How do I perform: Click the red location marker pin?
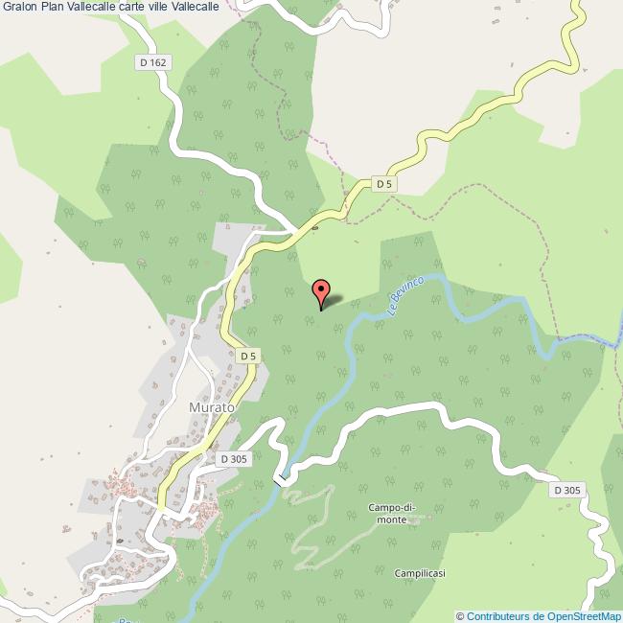point(322,290)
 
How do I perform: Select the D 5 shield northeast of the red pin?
point(384,183)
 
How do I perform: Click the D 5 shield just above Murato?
point(248,356)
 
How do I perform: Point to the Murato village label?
point(211,406)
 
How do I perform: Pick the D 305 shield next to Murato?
point(233,459)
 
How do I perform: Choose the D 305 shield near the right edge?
point(566,490)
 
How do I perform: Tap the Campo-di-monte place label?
point(392,513)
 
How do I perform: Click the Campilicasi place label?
point(419,573)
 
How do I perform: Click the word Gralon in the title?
point(19,7)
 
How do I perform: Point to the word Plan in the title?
point(53,7)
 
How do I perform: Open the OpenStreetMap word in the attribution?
point(580,616)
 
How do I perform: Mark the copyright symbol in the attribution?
point(460,616)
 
